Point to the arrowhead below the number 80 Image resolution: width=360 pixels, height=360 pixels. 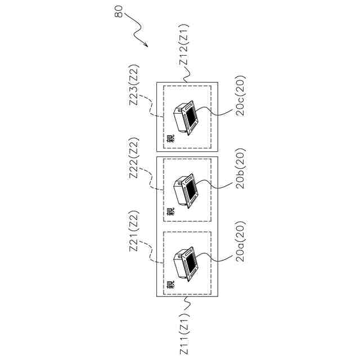(x=147, y=45)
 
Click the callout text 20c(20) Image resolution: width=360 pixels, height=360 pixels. (x=240, y=96)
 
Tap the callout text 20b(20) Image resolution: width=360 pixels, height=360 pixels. (x=240, y=170)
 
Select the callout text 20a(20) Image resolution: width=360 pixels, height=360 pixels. (x=240, y=242)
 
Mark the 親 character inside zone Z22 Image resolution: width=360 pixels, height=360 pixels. (x=170, y=212)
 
